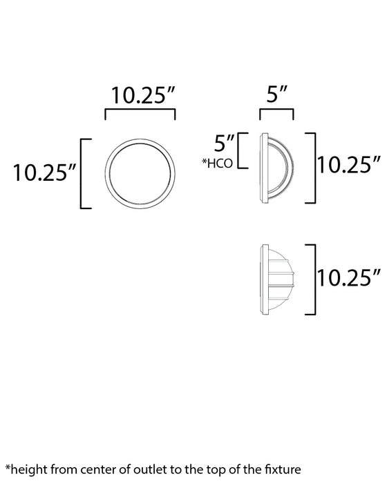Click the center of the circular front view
(140, 173)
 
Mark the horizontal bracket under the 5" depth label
(276, 112)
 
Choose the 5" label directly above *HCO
(225, 144)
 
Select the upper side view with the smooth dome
(278, 166)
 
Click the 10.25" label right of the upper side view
(350, 166)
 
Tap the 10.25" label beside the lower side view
(350, 277)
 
